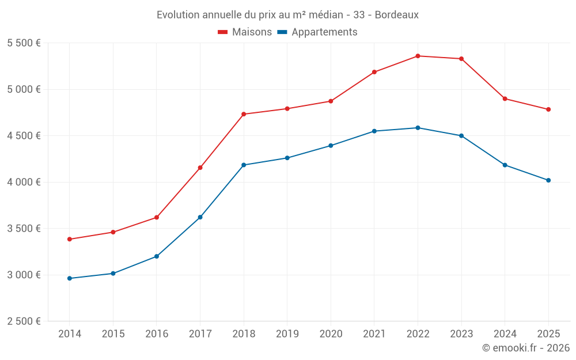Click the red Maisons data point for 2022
(418, 56)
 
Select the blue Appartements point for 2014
(70, 278)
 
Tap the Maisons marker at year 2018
(244, 114)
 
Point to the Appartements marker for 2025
(548, 180)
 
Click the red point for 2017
(200, 168)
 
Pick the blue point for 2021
(374, 131)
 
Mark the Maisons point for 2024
(505, 98)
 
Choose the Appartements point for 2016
(157, 256)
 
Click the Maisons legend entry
(245, 32)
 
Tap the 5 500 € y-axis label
(24, 43)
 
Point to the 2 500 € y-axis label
(24, 321)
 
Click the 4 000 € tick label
(24, 182)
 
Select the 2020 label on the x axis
(331, 334)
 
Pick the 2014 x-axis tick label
(70, 334)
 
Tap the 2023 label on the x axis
(461, 334)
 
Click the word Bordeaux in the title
(397, 14)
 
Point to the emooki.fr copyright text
(526, 348)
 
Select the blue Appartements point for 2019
(287, 158)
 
